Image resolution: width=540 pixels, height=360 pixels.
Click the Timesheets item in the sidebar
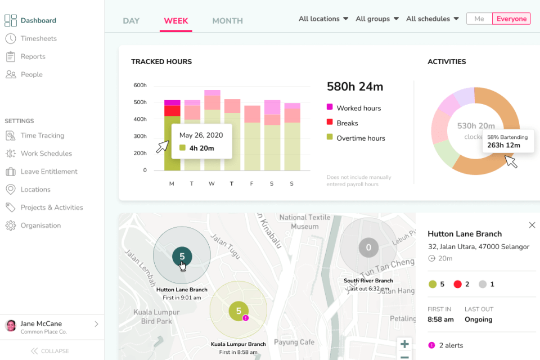point(38,38)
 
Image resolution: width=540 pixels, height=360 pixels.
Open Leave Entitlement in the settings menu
point(49,172)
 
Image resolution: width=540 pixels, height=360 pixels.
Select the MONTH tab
point(227,21)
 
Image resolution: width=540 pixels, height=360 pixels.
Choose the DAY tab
point(131,21)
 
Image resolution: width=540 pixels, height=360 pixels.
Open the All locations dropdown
point(323,19)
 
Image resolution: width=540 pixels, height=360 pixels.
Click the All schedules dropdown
point(432,19)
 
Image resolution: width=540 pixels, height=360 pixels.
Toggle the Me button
point(479,19)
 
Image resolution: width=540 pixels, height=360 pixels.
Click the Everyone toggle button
point(511,19)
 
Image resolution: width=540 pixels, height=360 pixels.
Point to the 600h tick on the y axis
point(140,85)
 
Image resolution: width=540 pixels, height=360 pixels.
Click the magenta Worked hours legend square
point(330,107)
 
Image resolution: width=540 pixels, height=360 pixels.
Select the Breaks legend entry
point(346,123)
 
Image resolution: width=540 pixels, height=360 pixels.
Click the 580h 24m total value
point(355,87)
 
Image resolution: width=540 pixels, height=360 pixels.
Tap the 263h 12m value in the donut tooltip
point(503,145)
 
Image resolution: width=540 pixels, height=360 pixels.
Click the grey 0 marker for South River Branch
point(368,247)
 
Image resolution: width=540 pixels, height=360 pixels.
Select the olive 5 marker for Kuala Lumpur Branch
point(238,310)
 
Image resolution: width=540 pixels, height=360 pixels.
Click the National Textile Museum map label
point(304,222)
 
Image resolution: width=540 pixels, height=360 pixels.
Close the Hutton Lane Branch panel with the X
point(532,225)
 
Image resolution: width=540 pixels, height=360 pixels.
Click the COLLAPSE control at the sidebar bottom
point(51,351)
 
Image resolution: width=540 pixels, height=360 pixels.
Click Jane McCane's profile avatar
point(11,326)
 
